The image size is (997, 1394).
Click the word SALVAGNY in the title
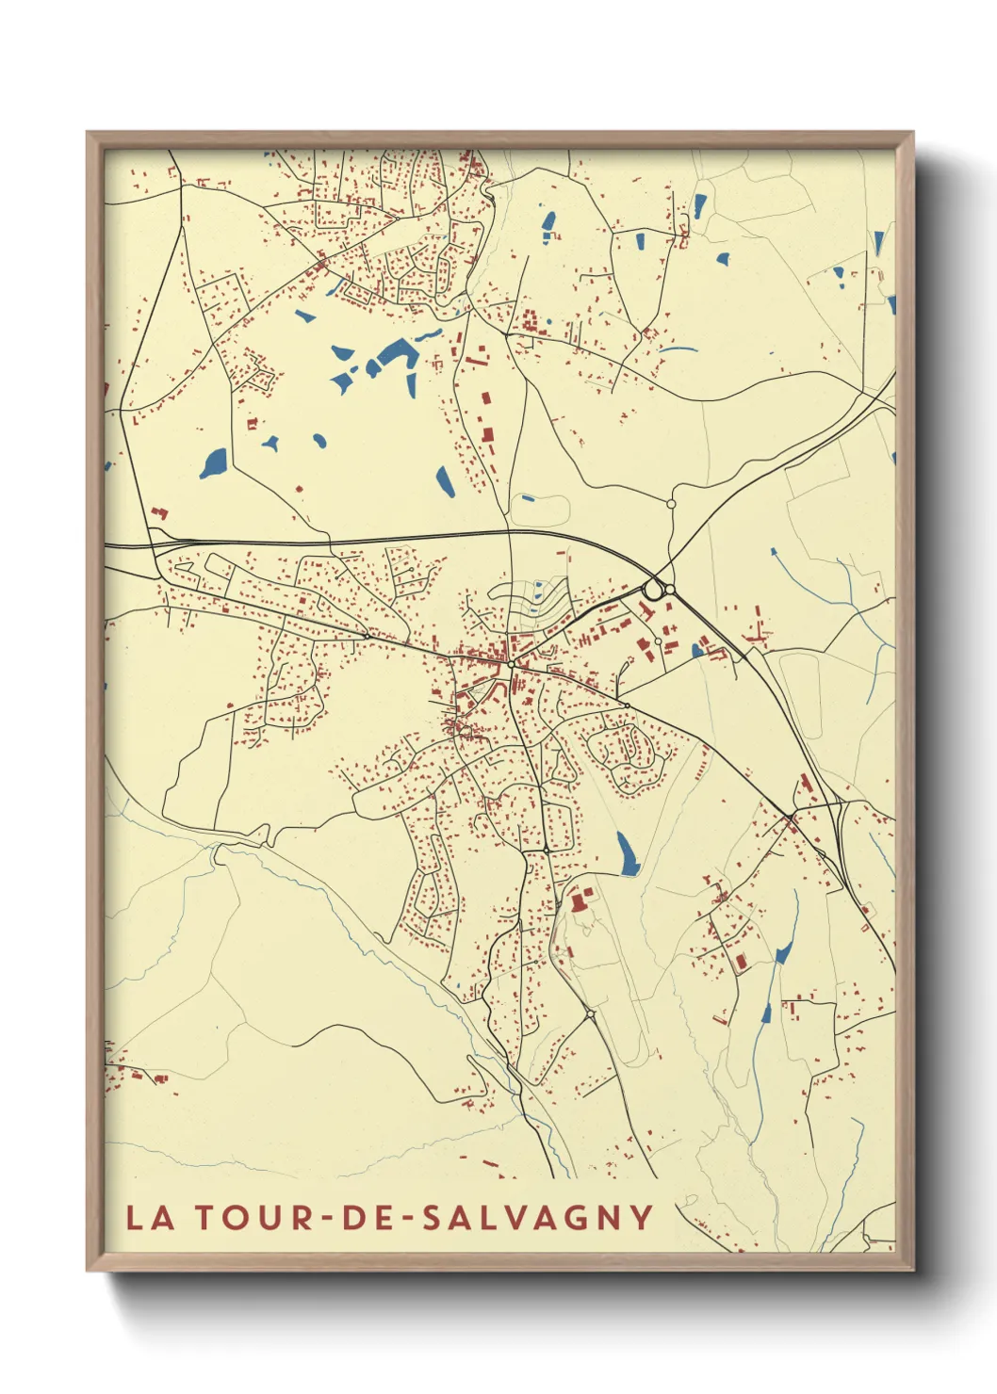[537, 1217]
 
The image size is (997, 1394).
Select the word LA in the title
[151, 1217]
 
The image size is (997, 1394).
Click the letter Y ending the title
[642, 1217]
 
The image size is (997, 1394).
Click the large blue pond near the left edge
[214, 462]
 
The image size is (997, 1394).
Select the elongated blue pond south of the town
[626, 852]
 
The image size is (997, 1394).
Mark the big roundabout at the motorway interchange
[652, 591]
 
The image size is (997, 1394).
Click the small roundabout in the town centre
[511, 665]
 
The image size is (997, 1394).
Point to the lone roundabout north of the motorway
[671, 504]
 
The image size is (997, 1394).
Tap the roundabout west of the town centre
[367, 636]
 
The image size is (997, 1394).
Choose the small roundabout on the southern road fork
[590, 1014]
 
